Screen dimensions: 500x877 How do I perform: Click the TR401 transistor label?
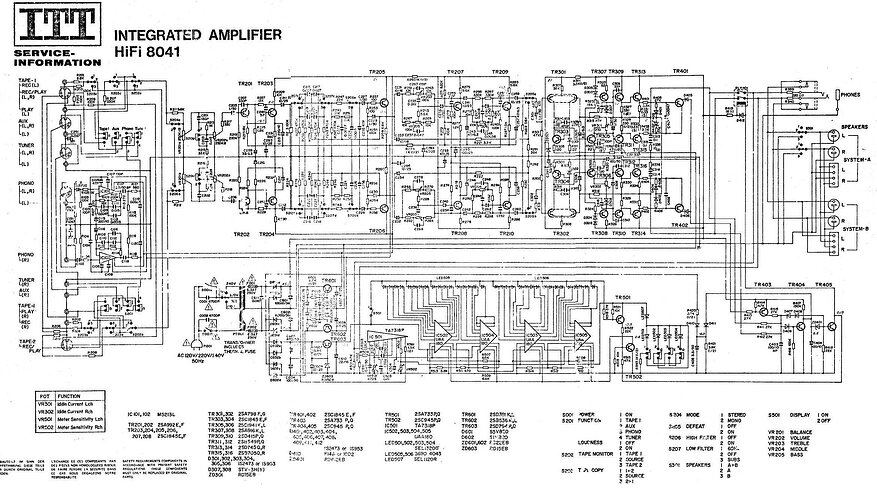coord(681,72)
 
